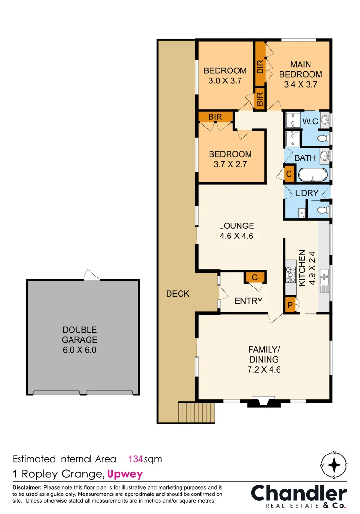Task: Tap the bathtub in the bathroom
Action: coord(312,175)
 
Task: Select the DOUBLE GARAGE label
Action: coord(80,335)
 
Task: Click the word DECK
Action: coord(178,294)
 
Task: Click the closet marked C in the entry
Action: coord(254,277)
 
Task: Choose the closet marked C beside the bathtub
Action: coord(289,174)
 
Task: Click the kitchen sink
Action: coord(324,276)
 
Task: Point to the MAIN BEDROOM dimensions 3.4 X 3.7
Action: coord(300,84)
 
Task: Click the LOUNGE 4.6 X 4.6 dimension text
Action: coord(236,236)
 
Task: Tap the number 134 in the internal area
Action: coord(136,459)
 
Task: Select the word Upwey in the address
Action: coord(125,474)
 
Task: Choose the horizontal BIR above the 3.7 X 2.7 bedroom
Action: coord(215,117)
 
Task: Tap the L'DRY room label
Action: coord(307,193)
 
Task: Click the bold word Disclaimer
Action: coord(27,488)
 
